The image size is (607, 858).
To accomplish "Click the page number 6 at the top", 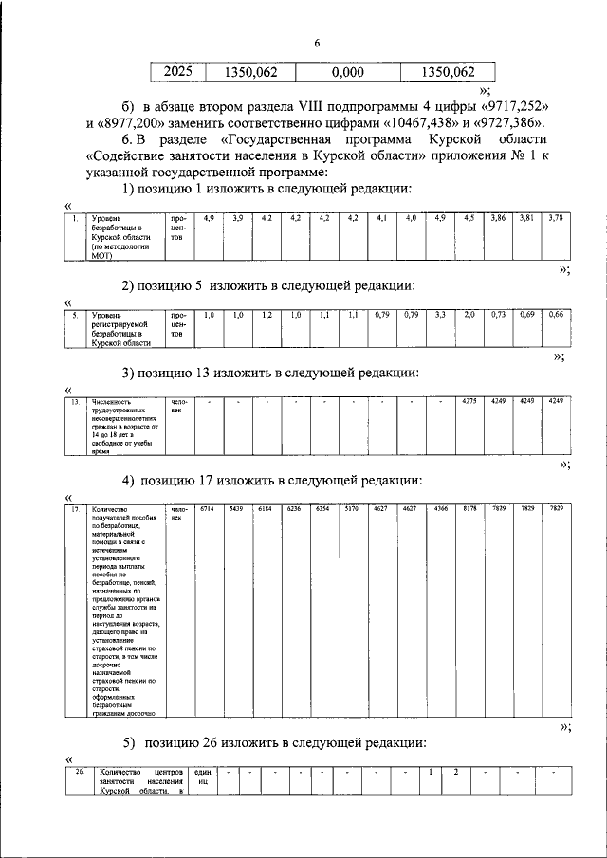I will (318, 45).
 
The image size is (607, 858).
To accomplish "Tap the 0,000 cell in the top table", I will (348, 71).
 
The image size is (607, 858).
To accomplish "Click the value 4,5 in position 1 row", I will (469, 218).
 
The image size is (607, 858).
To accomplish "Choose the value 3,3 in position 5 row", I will (440, 314).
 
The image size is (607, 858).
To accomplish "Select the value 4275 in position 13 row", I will (469, 402).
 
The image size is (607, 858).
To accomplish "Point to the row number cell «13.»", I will (75, 402).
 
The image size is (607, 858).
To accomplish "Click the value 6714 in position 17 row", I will (205, 510).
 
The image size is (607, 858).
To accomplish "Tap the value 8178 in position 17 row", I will (469, 510).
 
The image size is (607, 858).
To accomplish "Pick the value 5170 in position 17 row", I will (350, 510).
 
